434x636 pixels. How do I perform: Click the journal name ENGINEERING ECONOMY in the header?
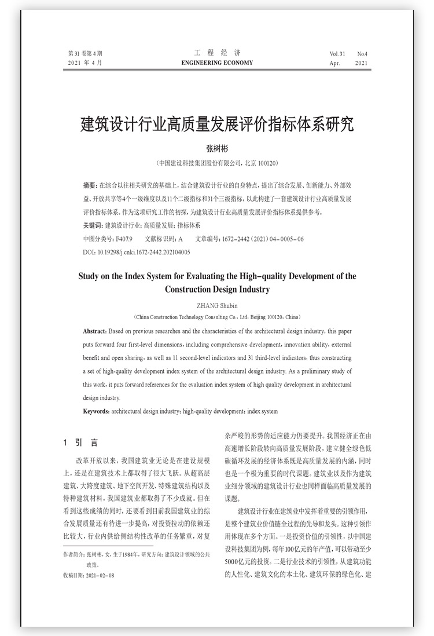217,63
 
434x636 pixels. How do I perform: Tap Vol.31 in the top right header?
337,54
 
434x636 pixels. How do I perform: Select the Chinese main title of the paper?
217,125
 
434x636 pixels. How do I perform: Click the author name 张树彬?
217,149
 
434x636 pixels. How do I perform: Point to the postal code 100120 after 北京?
267,164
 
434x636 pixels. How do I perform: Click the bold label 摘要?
90,185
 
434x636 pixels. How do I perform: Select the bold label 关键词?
93,225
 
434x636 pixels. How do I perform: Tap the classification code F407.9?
124,239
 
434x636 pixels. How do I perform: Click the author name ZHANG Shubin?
217,306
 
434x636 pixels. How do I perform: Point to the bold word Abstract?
95,331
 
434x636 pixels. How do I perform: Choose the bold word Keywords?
96,411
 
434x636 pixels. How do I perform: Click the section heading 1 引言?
81,443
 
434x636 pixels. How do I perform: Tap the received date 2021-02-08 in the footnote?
100,575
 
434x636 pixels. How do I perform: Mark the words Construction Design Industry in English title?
217,288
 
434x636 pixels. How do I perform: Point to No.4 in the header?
362,54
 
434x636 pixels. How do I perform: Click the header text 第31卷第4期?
85,54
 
